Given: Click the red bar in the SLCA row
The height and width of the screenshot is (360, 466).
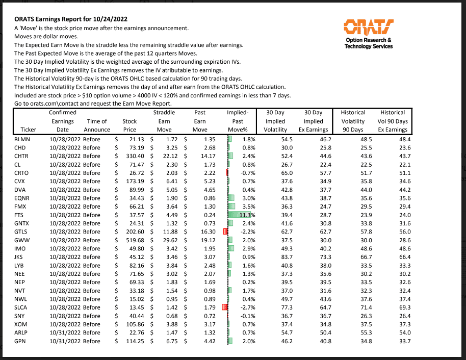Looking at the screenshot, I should [x=224, y=307].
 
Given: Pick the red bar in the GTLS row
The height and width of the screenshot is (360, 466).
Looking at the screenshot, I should [x=225, y=232].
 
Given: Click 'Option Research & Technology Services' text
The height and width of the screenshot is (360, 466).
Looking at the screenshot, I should [x=368, y=43].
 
